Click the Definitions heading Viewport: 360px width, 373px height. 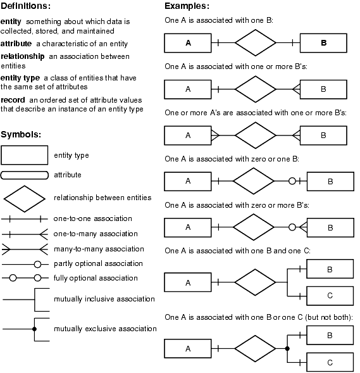click(25, 6)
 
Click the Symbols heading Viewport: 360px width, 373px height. click(21, 135)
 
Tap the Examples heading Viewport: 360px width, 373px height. click(187, 6)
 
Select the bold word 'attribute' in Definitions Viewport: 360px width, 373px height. click(16, 44)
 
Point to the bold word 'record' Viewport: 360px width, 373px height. click(13, 100)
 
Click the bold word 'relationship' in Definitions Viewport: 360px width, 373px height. click(22, 56)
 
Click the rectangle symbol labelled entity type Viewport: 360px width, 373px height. click(24, 155)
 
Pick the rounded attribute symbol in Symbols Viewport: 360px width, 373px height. click(25, 175)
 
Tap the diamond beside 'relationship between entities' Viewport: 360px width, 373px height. click(25, 199)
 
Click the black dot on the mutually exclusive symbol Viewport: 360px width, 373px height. click(34, 329)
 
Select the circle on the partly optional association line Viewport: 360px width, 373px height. click(37, 264)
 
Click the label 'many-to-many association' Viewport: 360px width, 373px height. click(99, 249)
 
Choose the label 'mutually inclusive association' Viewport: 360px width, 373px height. click(104, 299)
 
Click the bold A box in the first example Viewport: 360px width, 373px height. click(188, 43)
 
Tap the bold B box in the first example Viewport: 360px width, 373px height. click(323, 43)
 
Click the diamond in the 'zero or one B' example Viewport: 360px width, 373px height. click(254, 181)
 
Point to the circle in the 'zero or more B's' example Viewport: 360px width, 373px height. click(292, 227)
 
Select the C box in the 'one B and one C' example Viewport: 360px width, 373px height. click(330, 296)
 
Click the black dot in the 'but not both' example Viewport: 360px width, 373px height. click(287, 348)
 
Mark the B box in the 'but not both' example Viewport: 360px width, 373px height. click(330, 335)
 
